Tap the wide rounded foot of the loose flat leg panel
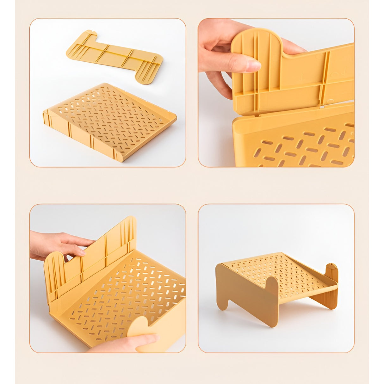tap(149, 70)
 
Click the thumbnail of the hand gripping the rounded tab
tap(276, 92)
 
